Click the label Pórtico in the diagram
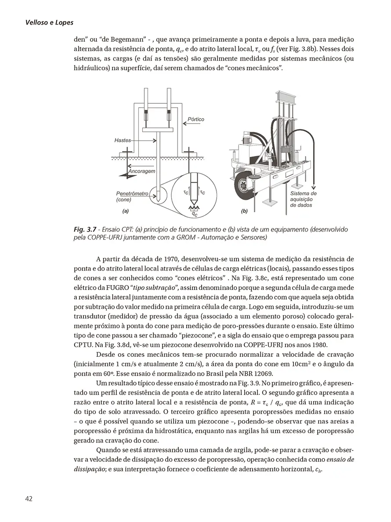click(195, 119)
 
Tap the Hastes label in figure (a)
click(123, 140)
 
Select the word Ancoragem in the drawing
click(141, 171)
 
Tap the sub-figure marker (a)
click(125, 211)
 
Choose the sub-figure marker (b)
click(245, 211)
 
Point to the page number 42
click(29, 498)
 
